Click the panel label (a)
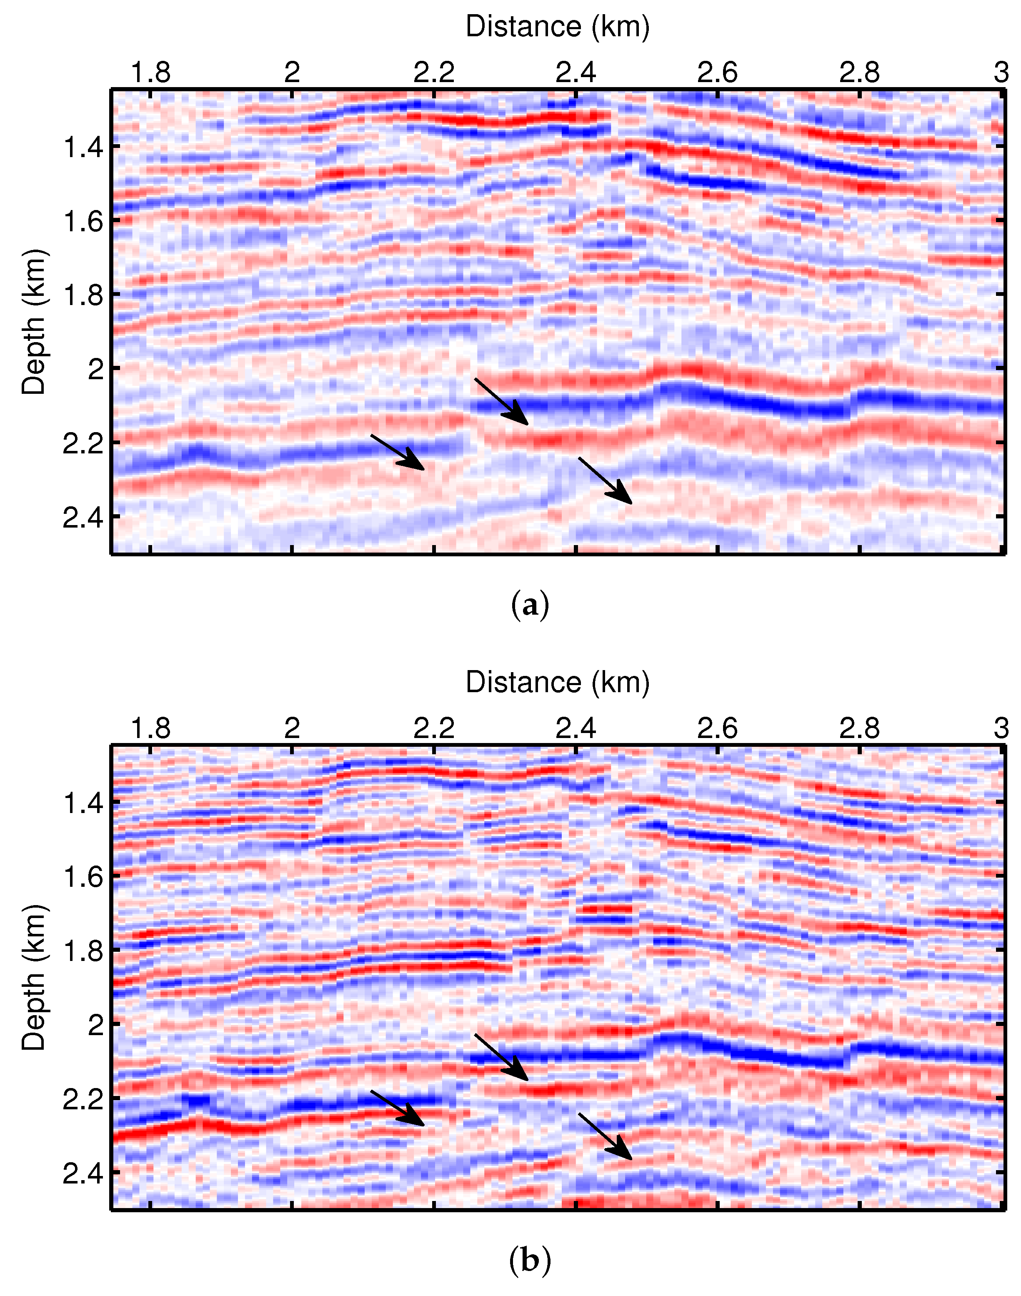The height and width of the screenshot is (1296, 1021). click(x=530, y=605)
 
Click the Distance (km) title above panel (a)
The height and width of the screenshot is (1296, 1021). click(x=557, y=27)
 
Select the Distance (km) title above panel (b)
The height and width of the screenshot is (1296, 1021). click(x=557, y=683)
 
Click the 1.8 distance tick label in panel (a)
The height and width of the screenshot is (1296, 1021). click(x=150, y=73)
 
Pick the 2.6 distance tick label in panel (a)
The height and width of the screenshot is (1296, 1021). click(x=717, y=73)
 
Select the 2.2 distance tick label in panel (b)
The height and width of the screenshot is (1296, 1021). click(x=434, y=729)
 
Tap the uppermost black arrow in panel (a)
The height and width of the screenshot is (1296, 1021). click(x=501, y=401)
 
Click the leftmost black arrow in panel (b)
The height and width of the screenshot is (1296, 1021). click(x=398, y=1108)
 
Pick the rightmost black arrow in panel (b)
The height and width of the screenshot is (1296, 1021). click(x=605, y=1136)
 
